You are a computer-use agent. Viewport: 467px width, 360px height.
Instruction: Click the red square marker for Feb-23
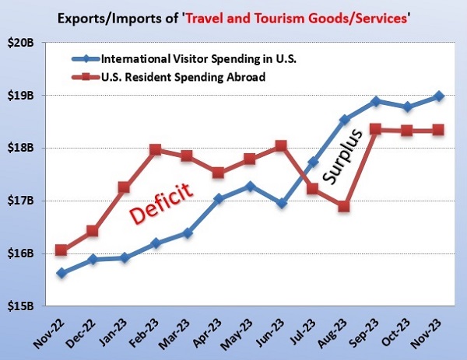pos(156,149)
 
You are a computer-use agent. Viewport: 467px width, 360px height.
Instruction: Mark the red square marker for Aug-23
pos(343,206)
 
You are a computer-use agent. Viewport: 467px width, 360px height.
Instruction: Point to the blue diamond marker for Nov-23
pos(439,96)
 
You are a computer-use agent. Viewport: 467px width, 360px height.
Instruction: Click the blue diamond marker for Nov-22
pos(61,273)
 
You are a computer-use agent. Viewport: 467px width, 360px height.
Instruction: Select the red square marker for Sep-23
pos(375,129)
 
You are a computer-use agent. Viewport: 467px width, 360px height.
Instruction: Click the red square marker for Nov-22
pos(61,250)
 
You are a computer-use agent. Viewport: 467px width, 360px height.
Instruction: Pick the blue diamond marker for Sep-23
pos(376,101)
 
